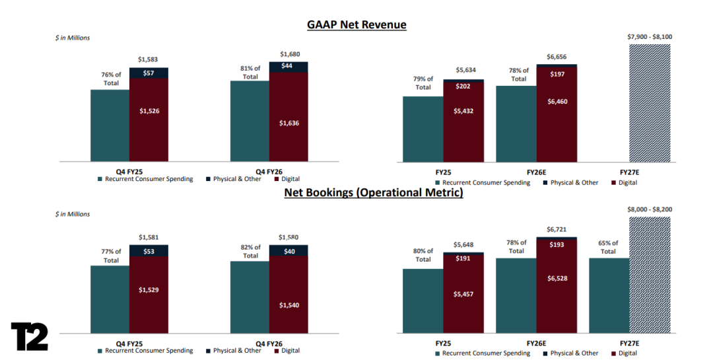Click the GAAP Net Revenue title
[x=356, y=24]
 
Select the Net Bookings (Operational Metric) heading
[x=374, y=192]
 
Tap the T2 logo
[x=29, y=337]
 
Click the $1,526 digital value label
[x=149, y=111]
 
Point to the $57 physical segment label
[x=149, y=73]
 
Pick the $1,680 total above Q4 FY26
[x=290, y=54]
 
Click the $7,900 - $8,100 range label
[x=650, y=37]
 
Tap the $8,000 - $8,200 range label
[x=650, y=210]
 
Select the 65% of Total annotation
[x=608, y=247]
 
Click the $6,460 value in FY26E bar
[x=557, y=102]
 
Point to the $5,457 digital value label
[x=463, y=294]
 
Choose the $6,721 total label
[x=557, y=230]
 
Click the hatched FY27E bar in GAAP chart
[x=650, y=103]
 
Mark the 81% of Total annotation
[x=250, y=73]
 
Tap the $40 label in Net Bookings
[x=289, y=251]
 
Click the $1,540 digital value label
[x=289, y=305]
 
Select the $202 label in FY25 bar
[x=463, y=86]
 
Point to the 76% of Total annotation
[x=111, y=79]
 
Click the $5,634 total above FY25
[x=465, y=70]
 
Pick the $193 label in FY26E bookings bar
[x=557, y=245]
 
